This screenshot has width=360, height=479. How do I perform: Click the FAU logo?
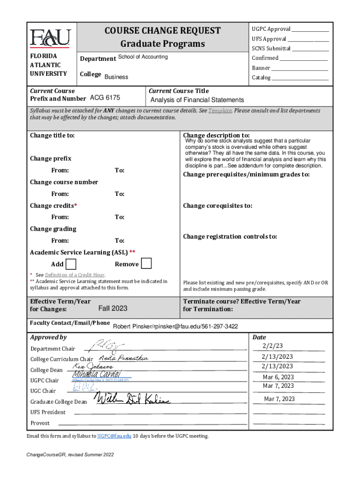pos(50,38)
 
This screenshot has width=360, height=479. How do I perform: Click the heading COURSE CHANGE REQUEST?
pos(163,31)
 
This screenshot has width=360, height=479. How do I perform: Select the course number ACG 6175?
pos(105,98)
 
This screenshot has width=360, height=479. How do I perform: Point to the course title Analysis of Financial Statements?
pos(197,100)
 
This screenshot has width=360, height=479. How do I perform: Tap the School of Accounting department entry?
pos(143,57)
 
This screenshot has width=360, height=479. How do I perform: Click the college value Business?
pos(116,77)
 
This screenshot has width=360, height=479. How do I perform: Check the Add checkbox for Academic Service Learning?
pos(72,264)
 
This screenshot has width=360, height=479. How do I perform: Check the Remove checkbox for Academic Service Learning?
pos(146,264)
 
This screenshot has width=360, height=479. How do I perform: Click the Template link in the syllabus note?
pos(220,111)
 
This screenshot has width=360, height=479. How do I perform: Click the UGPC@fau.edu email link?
pos(115,436)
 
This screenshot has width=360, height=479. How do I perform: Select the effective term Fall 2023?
pos(113,309)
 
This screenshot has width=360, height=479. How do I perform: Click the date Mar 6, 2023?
pos(278,377)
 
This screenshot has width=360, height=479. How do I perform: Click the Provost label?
pos(40,423)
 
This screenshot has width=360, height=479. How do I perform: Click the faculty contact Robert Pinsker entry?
pos(175,326)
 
